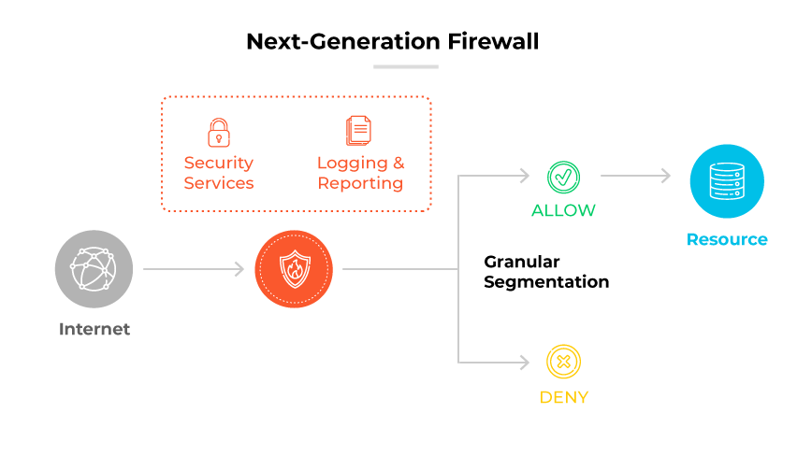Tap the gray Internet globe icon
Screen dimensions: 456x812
94,269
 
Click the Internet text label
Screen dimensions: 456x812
94,329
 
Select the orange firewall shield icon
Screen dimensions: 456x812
295,269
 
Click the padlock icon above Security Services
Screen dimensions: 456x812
219,132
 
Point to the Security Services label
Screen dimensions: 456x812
219,173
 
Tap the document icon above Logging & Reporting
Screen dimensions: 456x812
359,132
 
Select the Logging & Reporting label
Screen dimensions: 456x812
360,173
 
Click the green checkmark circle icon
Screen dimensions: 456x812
563,176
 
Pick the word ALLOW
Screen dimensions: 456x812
563,210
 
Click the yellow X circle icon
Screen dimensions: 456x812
563,362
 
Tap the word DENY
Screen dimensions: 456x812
563,397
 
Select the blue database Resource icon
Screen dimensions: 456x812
727,181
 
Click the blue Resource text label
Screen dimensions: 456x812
727,239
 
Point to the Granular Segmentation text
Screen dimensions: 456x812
546,271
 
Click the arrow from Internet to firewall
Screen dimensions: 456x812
194,269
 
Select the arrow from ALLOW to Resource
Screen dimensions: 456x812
636,176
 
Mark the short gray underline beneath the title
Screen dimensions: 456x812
406,66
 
